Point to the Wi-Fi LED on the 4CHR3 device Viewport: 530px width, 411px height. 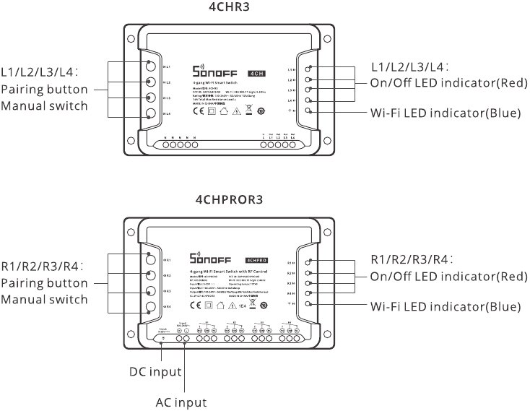pyautogui.click(x=308, y=111)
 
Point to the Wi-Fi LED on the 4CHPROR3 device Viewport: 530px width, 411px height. pyautogui.click(x=308, y=304)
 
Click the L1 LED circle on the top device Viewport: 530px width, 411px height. pyautogui.click(x=308, y=68)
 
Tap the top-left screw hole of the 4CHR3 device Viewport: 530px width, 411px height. pyautogui.click(x=129, y=39)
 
